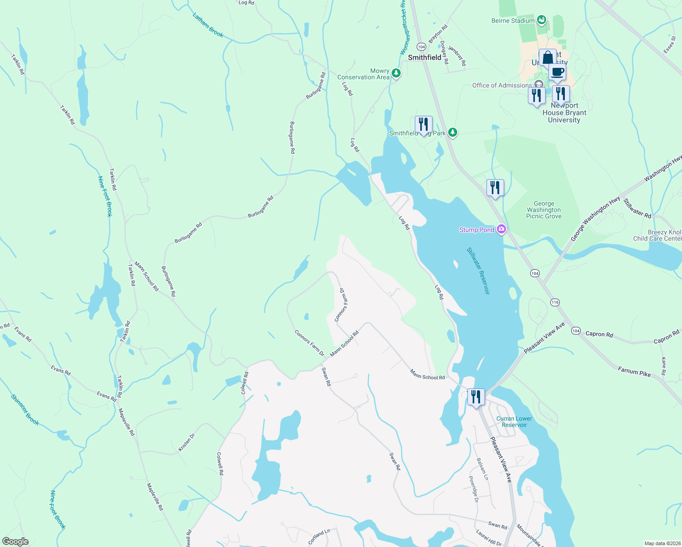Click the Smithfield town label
click(424, 57)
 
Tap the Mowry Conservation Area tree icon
click(396, 73)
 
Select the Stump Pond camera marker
click(501, 229)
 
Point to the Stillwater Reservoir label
click(478, 271)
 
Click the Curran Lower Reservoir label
click(514, 422)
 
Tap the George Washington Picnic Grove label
click(543, 210)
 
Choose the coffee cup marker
click(557, 72)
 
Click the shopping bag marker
click(547, 58)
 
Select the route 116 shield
click(555, 302)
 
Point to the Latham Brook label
click(208, 25)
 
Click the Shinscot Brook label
click(25, 410)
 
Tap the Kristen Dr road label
click(186, 443)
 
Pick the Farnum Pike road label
click(634, 372)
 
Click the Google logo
click(15, 542)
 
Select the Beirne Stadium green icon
click(541, 20)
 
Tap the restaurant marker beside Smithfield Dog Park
click(424, 124)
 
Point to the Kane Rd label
click(664, 363)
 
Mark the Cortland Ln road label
click(319, 537)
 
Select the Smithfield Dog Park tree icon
click(452, 133)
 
